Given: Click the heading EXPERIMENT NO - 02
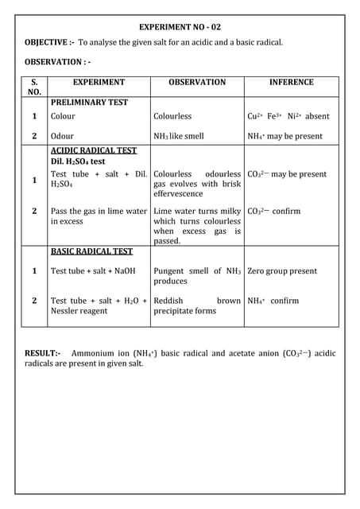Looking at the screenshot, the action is point(180,27).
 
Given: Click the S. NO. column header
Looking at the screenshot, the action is point(34,87).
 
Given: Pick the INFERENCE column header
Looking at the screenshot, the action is point(291,82).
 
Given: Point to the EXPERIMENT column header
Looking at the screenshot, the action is point(99,82).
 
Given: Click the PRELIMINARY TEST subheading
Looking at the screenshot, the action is point(89,102).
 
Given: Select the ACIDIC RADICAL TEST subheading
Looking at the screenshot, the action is point(94,150).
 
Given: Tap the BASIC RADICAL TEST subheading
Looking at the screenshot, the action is point(91,251).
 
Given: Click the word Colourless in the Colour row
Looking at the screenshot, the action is point(172,116).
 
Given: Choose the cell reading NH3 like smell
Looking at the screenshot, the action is point(179,136).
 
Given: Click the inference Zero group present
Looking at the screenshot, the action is point(282,271).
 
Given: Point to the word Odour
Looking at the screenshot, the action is point(62,136).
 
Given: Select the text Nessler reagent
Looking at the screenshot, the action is point(79,311).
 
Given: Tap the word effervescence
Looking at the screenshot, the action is point(178,193).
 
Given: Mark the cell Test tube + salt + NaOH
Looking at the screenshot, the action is point(93,271).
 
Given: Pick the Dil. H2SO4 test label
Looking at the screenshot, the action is point(78,161).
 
